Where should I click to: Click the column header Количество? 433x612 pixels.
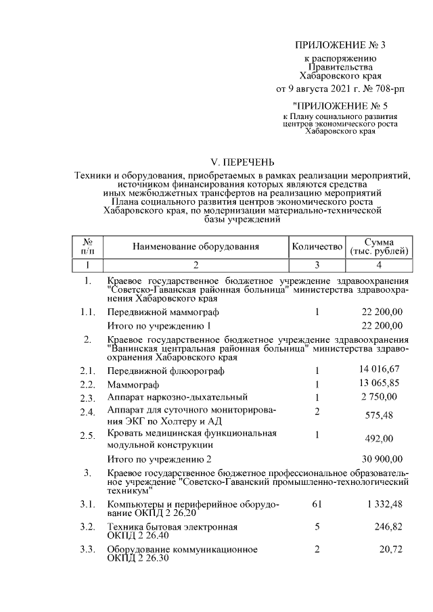(317, 247)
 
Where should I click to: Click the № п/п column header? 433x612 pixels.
(87, 247)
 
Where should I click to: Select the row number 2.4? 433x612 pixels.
(87, 412)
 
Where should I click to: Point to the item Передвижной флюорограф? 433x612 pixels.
(166, 371)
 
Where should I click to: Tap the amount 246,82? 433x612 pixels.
(388, 526)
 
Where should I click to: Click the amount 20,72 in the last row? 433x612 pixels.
(391, 549)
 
